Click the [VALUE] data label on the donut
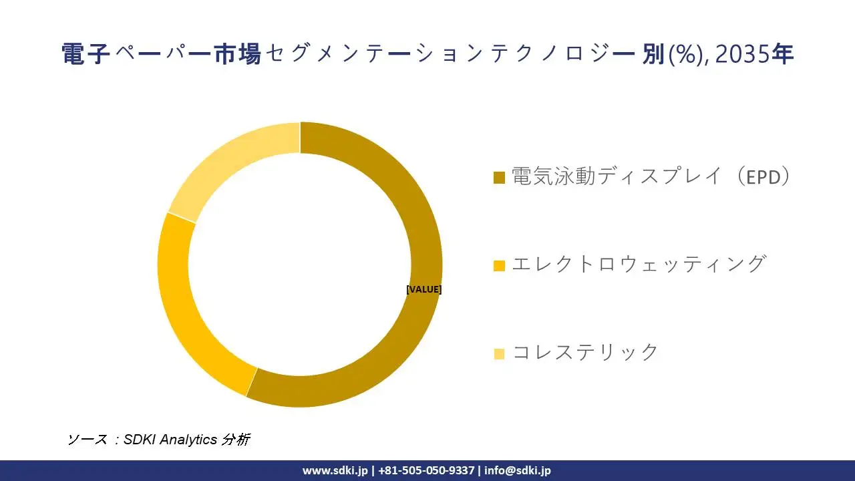pyautogui.click(x=423, y=289)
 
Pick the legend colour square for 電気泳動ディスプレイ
pyautogui.click(x=499, y=178)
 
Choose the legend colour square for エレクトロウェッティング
pyautogui.click(x=499, y=265)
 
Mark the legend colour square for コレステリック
pyautogui.click(x=499, y=353)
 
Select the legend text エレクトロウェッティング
pyautogui.click(x=638, y=264)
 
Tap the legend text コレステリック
pyautogui.click(x=586, y=352)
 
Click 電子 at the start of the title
pyautogui.click(x=85, y=54)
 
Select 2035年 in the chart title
pyautogui.click(x=754, y=54)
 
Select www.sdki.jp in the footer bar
pyautogui.click(x=335, y=470)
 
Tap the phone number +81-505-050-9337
pyautogui.click(x=426, y=470)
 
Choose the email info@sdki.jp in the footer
pyautogui.click(x=518, y=470)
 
